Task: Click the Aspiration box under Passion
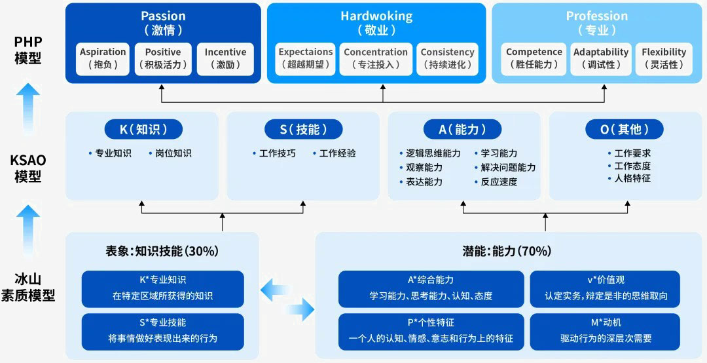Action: pyautogui.click(x=103, y=58)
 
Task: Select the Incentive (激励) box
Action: pyautogui.click(x=225, y=58)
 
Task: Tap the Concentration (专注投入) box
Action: pyautogui.click(x=376, y=58)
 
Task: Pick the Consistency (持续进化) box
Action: pyautogui.click(x=447, y=58)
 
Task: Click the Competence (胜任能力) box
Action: pyautogui.click(x=534, y=58)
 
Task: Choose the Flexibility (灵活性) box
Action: pyautogui.click(x=664, y=58)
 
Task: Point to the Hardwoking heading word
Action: pyautogui.click(x=376, y=16)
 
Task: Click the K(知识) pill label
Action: pyautogui.click(x=142, y=130)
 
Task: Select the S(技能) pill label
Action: pyautogui.click(x=303, y=130)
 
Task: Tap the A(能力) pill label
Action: pyautogui.click(x=463, y=130)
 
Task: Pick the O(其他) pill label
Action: pyautogui.click(x=624, y=130)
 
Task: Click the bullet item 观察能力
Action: pyautogui.click(x=424, y=168)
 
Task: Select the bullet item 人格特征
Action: pyautogui.click(x=632, y=178)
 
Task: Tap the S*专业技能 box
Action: pyautogui.click(x=163, y=331)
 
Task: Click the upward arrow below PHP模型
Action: pyautogui.click(x=28, y=112)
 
